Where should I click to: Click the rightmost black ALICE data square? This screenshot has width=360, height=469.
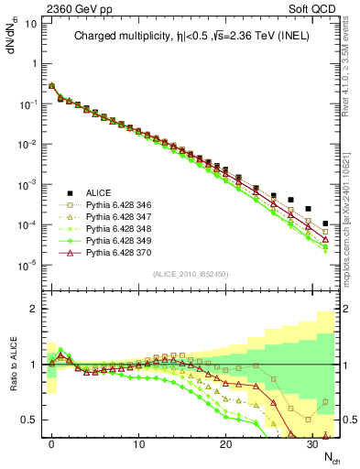[x=326, y=224]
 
